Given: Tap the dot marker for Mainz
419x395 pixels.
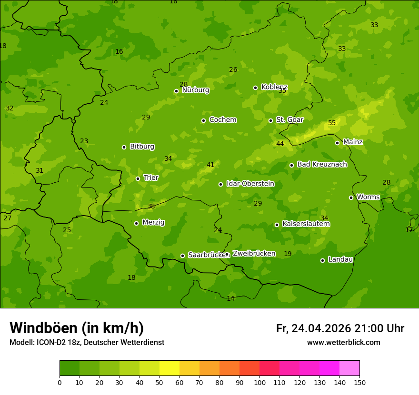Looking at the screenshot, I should tap(337, 143).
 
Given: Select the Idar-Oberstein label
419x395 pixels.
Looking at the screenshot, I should tap(250, 184).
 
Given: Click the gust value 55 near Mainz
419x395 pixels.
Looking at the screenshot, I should tap(332, 123).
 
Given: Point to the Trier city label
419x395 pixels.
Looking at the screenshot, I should tap(151, 178).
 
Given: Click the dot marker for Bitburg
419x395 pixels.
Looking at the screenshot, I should tap(124, 147).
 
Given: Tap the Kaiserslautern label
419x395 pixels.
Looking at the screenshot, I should tap(306, 224).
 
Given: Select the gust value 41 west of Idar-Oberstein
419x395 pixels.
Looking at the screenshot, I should tap(210, 165).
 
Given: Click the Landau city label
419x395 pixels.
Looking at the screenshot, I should tap(340, 259).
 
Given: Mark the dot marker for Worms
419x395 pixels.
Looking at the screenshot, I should tap(351, 197).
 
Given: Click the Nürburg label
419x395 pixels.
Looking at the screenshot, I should tap(195, 89).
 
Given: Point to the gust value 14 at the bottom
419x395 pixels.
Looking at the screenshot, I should tap(230, 298).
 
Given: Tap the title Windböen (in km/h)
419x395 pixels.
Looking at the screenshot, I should tap(77, 328).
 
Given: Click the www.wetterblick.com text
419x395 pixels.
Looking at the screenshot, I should tap(343, 343).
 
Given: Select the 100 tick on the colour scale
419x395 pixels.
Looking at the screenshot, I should tap(259, 382).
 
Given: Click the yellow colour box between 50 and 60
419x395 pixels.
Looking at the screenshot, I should tap(170, 368).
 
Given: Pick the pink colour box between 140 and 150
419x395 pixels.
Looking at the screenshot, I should tap(349, 368).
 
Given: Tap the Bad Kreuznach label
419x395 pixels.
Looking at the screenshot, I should tap(322, 164).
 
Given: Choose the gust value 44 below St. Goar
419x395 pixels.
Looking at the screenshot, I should tap(280, 144).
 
